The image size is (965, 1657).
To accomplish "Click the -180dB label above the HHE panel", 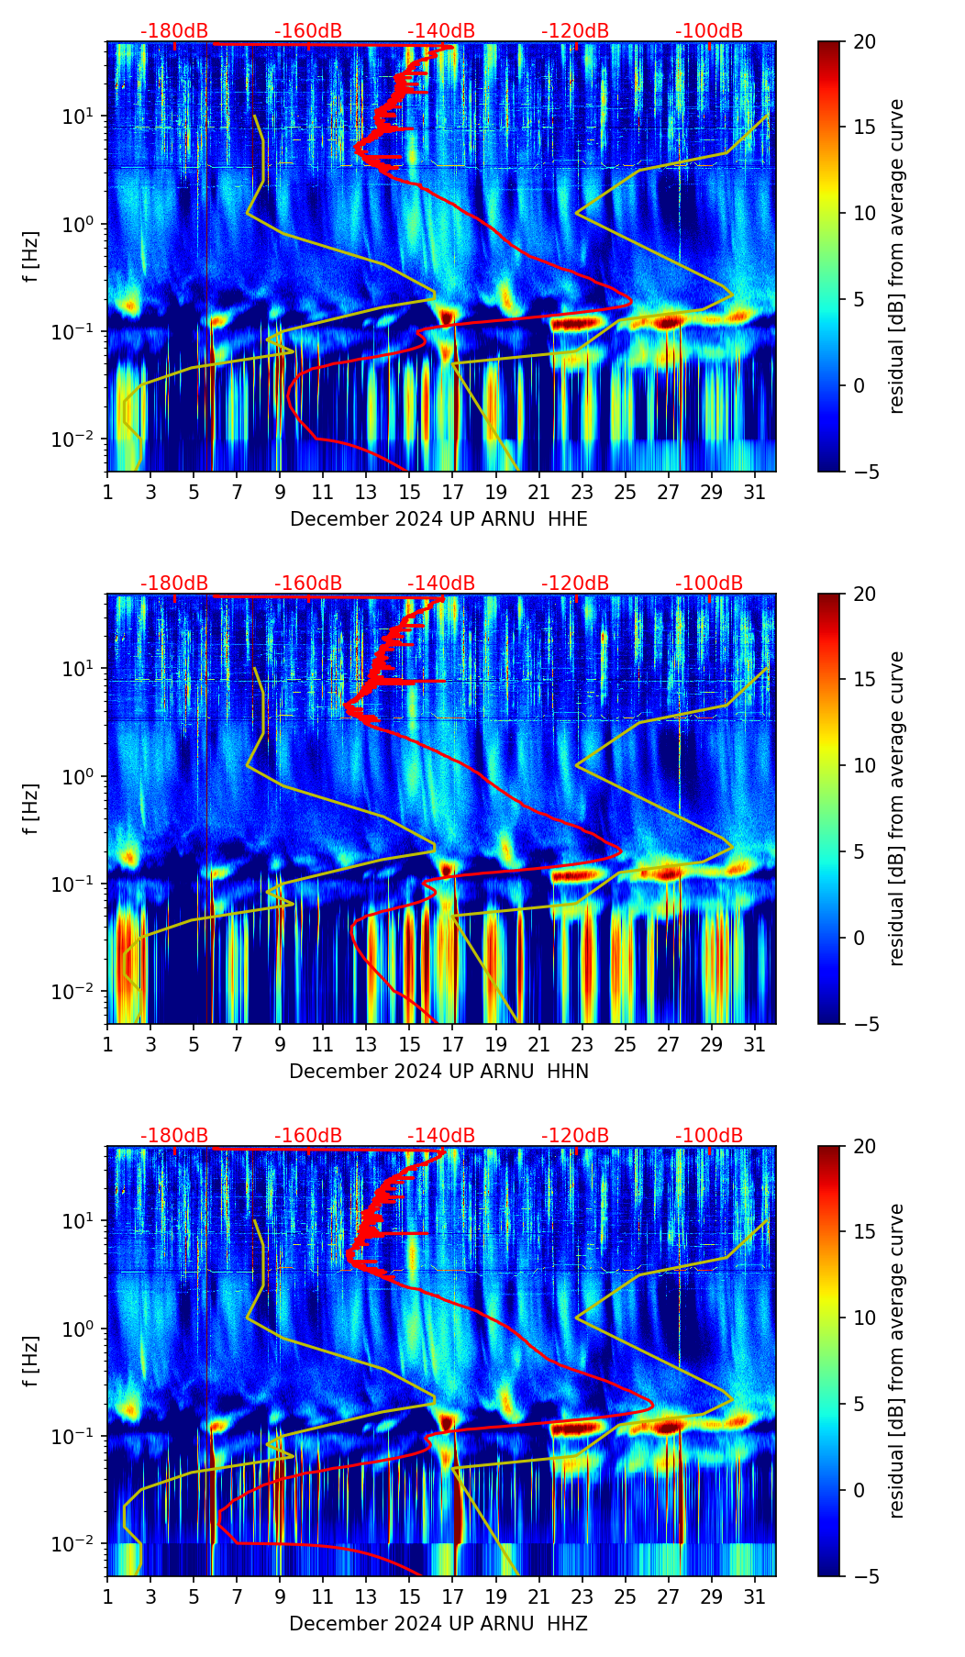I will tap(174, 31).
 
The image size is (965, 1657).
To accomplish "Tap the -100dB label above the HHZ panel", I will tap(709, 1136).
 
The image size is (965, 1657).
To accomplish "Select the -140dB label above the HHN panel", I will tap(441, 584).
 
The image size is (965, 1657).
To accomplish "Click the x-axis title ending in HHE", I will tap(438, 519).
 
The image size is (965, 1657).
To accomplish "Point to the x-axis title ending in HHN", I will tap(438, 1072).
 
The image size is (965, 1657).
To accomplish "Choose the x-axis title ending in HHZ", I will tap(438, 1624).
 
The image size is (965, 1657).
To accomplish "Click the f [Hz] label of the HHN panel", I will tap(31, 808).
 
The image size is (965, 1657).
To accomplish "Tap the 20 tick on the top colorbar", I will tap(864, 41).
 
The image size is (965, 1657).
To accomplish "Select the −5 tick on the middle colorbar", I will tap(864, 1023).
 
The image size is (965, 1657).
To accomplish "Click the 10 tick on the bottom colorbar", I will tap(864, 1318).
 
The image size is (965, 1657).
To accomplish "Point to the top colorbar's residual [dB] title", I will tap(896, 256).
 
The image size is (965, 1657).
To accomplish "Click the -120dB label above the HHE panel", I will tap(575, 31).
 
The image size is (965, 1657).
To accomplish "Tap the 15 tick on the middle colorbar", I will tap(864, 679).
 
